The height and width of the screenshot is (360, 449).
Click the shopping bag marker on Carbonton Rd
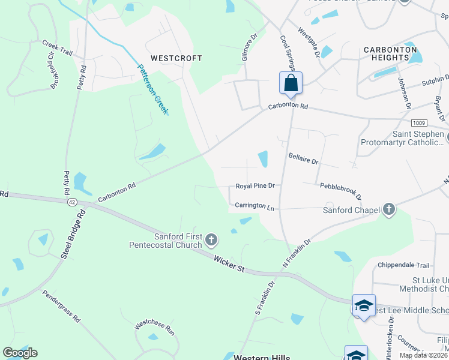click(291, 83)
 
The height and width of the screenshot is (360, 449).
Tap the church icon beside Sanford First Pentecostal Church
click(211, 241)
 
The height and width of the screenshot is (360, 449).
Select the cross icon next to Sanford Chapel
click(389, 209)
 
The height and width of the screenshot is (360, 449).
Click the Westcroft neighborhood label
click(176, 58)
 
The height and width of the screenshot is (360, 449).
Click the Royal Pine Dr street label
click(255, 186)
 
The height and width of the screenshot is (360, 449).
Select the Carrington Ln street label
click(255, 206)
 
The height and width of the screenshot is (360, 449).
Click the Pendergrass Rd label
click(61, 307)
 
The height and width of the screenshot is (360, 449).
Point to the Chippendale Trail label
click(403, 265)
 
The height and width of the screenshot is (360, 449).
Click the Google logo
click(20, 353)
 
